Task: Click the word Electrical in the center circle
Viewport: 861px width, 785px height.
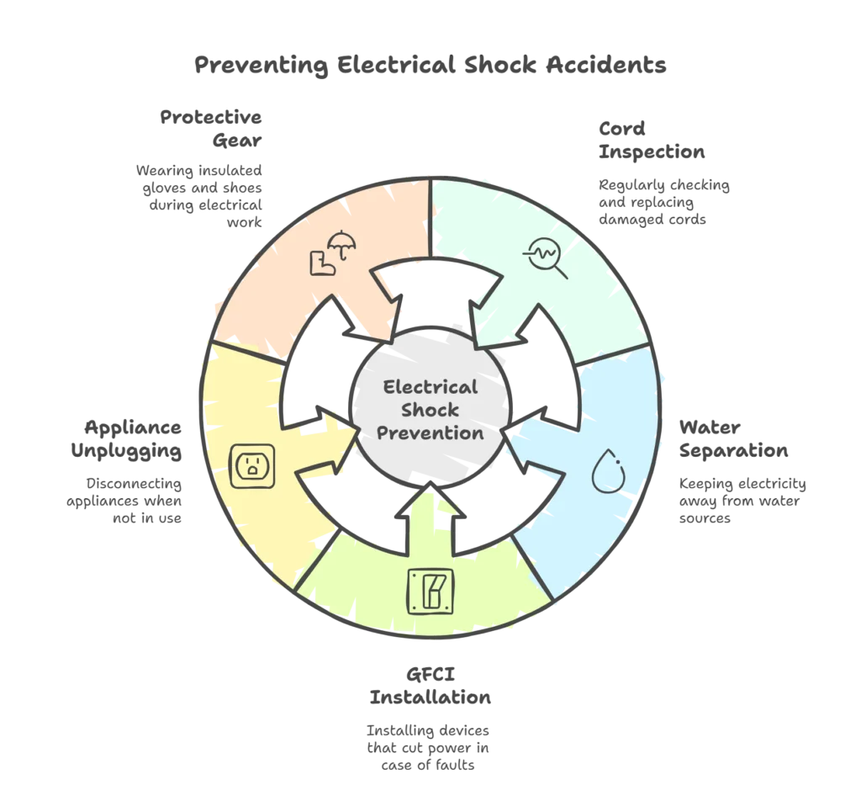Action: (x=430, y=387)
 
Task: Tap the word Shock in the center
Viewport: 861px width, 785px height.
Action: (x=430, y=410)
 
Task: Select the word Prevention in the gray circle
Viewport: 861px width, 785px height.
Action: (x=430, y=433)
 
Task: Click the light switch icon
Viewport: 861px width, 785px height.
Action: (x=430, y=589)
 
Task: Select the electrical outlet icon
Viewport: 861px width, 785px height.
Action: (x=251, y=465)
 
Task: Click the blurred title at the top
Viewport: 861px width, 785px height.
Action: (x=430, y=65)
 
